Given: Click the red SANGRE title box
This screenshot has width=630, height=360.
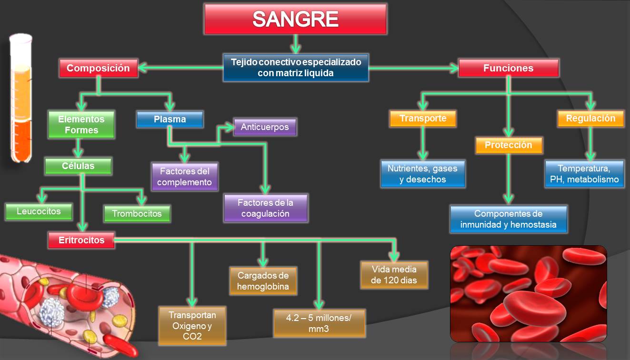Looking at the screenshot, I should (x=295, y=19).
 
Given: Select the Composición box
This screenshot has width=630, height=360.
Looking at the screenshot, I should (x=98, y=68).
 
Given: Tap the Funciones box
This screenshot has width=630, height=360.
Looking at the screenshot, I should (x=508, y=68).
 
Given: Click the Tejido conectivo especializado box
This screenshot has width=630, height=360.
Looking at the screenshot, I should (x=296, y=68).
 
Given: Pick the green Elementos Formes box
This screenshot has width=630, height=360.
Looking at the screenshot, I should (x=81, y=124).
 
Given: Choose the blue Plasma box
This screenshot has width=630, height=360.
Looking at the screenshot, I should (x=170, y=119).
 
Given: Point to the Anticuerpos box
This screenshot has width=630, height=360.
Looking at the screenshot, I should (x=265, y=127).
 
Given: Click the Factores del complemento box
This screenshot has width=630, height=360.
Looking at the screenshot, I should (x=184, y=176).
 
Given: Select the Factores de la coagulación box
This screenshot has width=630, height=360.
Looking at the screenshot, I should (x=265, y=208).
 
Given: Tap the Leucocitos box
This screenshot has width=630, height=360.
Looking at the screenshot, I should (x=39, y=211).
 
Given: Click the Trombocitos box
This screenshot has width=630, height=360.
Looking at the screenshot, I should (x=137, y=214).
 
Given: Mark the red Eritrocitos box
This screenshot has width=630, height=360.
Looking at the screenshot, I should (x=81, y=240).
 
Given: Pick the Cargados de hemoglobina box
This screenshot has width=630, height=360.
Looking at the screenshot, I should (x=263, y=281).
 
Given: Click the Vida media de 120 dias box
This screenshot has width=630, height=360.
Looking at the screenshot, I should (x=394, y=275).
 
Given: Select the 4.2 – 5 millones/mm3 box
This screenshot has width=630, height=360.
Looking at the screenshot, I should (x=319, y=323).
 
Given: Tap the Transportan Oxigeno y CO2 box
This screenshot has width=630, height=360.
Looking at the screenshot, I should (x=192, y=326).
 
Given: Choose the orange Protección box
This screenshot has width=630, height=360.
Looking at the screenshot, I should (x=508, y=145).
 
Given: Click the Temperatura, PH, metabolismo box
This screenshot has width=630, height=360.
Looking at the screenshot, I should (x=584, y=174).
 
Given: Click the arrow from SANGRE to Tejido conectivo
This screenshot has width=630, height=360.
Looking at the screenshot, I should (x=296, y=44).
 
